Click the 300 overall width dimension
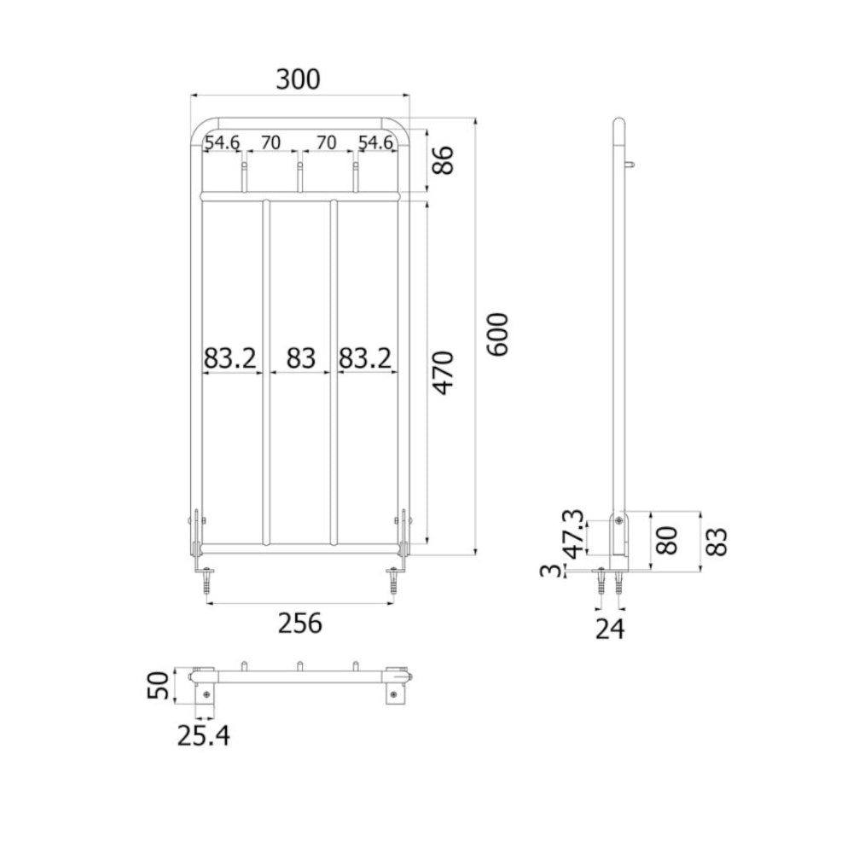click(x=298, y=79)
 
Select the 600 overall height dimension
click(x=497, y=334)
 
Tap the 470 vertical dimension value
click(x=444, y=373)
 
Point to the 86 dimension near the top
click(x=444, y=160)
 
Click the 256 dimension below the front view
click(x=300, y=624)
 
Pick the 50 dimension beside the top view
click(x=159, y=686)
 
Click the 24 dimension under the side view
click(x=610, y=629)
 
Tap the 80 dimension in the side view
click(x=667, y=540)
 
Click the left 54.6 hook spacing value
click(x=222, y=142)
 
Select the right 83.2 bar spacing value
click(x=365, y=359)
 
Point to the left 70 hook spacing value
click(x=270, y=142)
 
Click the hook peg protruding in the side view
click(x=630, y=165)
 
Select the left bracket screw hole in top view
click(x=206, y=694)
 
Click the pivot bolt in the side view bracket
click(x=618, y=520)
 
